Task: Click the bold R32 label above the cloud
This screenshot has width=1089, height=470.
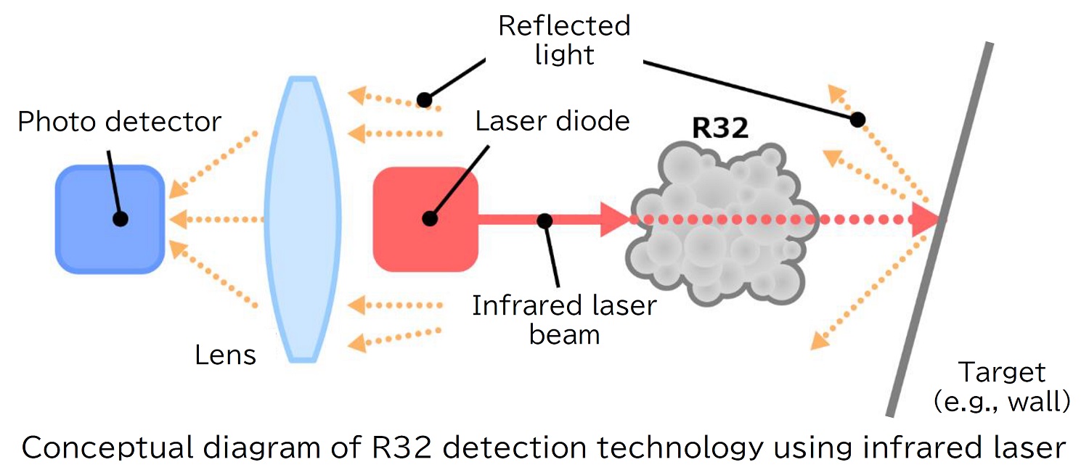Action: (719, 128)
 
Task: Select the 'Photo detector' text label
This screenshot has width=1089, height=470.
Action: (119, 122)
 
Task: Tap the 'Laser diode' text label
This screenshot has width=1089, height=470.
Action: (552, 121)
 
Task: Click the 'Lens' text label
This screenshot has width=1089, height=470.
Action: (226, 355)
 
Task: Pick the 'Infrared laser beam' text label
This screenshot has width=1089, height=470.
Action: (564, 320)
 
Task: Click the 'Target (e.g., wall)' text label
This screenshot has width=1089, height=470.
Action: (1002, 387)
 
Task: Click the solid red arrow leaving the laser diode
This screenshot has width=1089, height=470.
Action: (552, 219)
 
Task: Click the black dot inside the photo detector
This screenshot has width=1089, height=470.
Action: (121, 218)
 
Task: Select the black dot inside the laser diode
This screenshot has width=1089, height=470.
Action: (430, 218)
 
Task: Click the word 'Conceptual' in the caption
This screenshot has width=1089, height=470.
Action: (105, 448)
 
